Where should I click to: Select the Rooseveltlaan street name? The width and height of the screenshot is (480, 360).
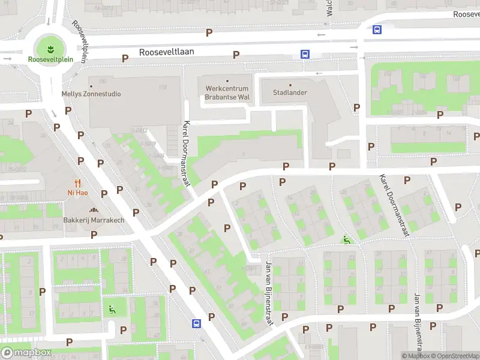(166, 52)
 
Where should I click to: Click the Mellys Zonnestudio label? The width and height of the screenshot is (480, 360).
(91, 94)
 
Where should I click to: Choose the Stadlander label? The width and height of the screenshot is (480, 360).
(290, 93)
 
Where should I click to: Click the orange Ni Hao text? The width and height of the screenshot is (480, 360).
(78, 193)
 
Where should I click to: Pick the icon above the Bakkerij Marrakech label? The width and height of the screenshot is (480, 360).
(94, 210)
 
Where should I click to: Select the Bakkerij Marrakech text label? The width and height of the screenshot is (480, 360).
(94, 220)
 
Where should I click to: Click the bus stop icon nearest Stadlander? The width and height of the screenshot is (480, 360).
(305, 54)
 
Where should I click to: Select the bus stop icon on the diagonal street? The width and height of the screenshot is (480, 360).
(196, 323)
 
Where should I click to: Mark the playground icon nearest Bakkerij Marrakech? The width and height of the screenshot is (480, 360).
(112, 310)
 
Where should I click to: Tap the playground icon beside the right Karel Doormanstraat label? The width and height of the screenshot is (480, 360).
(346, 240)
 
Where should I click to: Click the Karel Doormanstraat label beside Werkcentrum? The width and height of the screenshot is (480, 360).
(187, 153)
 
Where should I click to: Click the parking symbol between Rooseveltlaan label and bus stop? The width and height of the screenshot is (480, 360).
(236, 55)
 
